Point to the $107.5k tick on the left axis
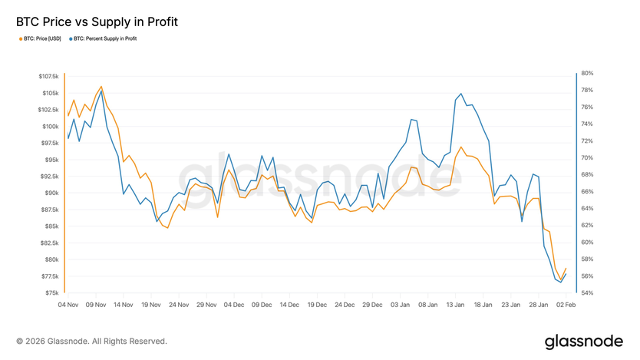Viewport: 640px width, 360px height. coord(47,77)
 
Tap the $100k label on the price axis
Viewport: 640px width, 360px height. coord(49,127)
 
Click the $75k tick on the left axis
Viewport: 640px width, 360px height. coord(51,293)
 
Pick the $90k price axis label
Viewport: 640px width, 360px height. coord(51,193)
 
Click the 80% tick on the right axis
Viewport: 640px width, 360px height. coord(588,74)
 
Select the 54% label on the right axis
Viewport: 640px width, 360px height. coord(588,293)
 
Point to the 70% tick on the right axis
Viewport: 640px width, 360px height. coord(588,158)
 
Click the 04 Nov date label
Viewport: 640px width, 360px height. coord(68,305)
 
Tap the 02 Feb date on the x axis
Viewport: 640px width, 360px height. coord(566,305)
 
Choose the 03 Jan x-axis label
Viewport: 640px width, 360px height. coord(400,305)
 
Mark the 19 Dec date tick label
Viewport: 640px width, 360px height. coord(317,305)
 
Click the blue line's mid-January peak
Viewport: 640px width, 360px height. coord(460,94)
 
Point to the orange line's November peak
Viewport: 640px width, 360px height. coord(101,87)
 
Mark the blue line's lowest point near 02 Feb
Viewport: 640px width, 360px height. coord(561,282)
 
